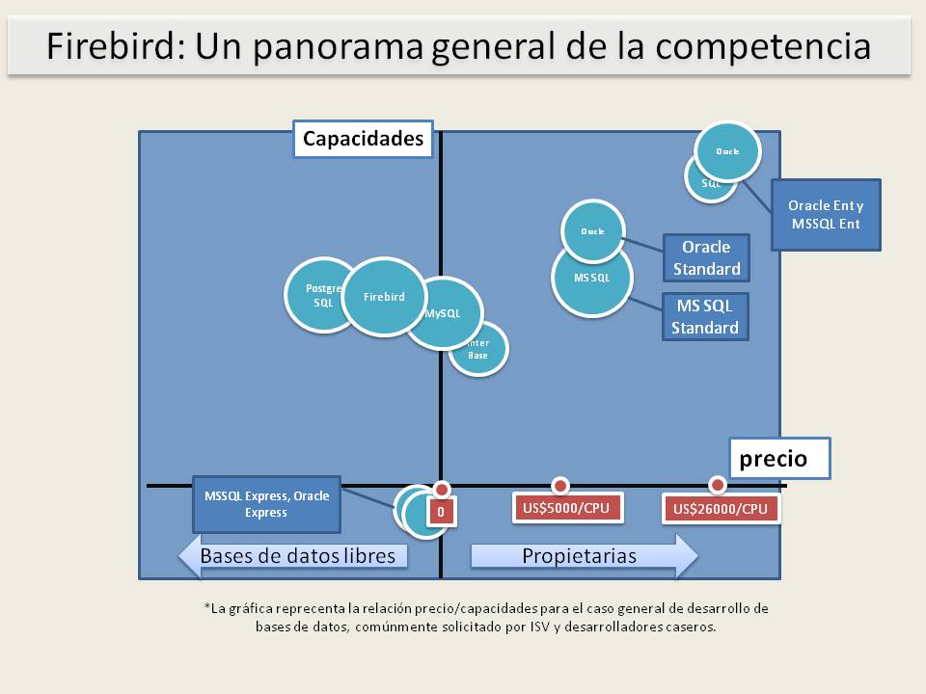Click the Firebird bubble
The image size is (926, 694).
[x=384, y=297]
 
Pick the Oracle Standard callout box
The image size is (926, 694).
[x=706, y=258]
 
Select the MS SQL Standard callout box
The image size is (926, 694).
[x=705, y=317]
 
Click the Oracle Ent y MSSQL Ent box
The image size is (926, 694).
[x=826, y=215]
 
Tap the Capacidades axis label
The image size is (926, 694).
[x=363, y=139]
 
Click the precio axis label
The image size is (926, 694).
[x=777, y=459]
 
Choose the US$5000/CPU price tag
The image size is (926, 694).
[x=566, y=508]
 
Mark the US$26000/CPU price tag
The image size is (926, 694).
[x=721, y=509]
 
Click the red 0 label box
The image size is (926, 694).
[x=441, y=512]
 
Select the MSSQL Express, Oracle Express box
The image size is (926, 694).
[x=266, y=504]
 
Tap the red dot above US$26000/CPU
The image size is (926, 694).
[x=717, y=484]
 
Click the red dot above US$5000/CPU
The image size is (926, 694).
[x=559, y=484]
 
